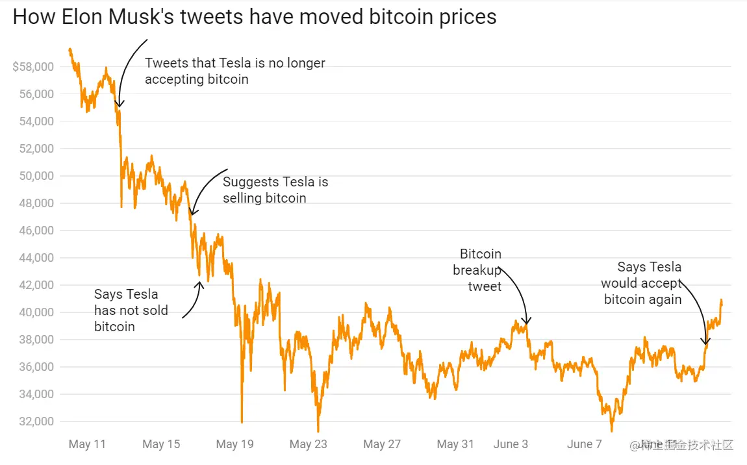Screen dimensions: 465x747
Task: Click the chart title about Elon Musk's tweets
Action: click(255, 17)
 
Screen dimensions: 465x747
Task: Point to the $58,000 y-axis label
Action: click(32, 67)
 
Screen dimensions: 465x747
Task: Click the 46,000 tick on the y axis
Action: click(35, 231)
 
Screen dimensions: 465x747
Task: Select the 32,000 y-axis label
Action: click(35, 421)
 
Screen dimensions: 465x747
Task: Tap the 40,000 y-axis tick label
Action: click(35, 312)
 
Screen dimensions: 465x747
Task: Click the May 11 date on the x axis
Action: click(87, 444)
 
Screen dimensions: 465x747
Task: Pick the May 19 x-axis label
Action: click(235, 444)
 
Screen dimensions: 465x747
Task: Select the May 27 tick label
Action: click(383, 444)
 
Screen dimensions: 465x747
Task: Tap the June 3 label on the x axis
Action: click(511, 444)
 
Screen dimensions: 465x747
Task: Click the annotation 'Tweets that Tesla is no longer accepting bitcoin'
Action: click(235, 71)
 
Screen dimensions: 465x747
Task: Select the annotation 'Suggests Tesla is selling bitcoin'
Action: click(275, 190)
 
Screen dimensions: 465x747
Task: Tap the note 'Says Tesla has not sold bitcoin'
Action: click(131, 310)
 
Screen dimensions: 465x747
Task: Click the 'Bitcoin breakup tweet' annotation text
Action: click(478, 270)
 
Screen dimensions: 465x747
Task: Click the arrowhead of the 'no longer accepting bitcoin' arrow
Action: click(119, 105)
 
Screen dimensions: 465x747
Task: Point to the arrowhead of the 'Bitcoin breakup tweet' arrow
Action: click(527, 322)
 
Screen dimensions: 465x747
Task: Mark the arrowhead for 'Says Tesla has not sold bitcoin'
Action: click(200, 283)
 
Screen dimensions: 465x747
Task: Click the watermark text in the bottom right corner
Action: click(682, 446)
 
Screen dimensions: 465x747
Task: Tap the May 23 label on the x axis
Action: click(309, 444)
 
